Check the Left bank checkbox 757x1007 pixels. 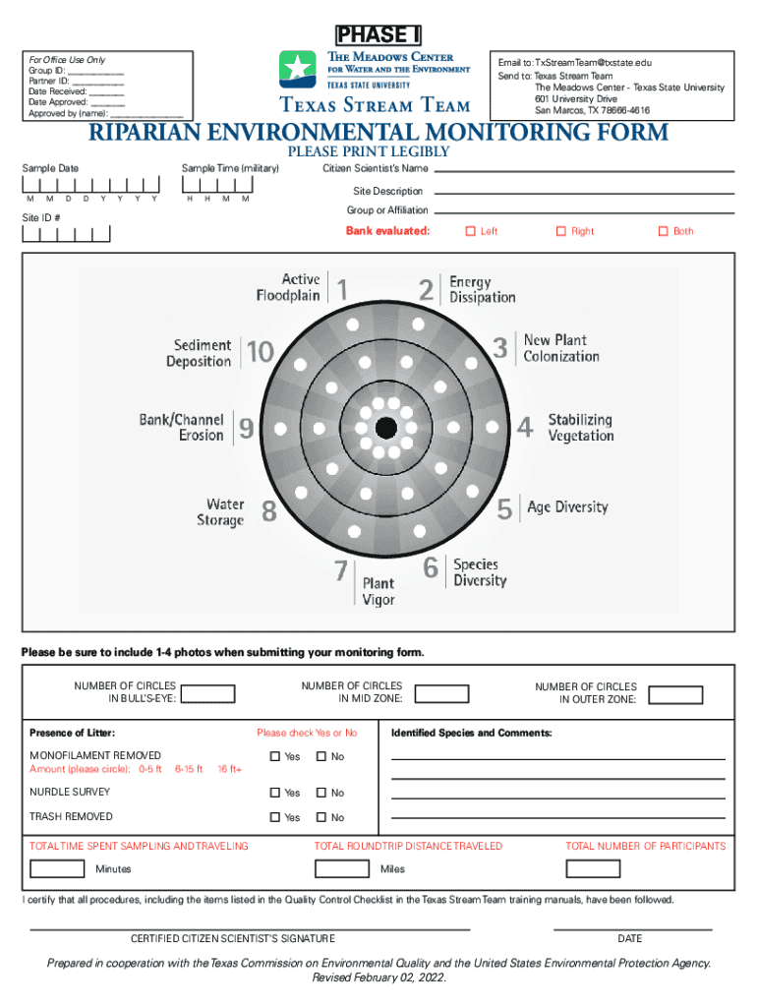pos(469,231)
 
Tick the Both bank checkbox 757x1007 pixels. pos(662,231)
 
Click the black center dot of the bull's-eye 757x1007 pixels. pos(385,427)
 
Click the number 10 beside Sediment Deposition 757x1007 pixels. pos(261,352)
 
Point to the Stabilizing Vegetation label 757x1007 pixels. pos(580,427)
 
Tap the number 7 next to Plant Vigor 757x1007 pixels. pos(340,570)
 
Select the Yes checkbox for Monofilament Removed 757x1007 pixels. pos(275,756)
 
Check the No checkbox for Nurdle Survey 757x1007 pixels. pos(320,793)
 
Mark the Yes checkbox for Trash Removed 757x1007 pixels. pos(275,817)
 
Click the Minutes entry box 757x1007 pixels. pos(57,868)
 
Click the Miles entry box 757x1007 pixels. pos(343,868)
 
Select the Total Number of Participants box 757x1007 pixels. pos(593,868)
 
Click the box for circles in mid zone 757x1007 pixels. pos(441,693)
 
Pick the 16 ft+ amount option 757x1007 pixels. pos(229,769)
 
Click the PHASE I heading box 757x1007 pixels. pos(378,35)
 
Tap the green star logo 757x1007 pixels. pos(297,68)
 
